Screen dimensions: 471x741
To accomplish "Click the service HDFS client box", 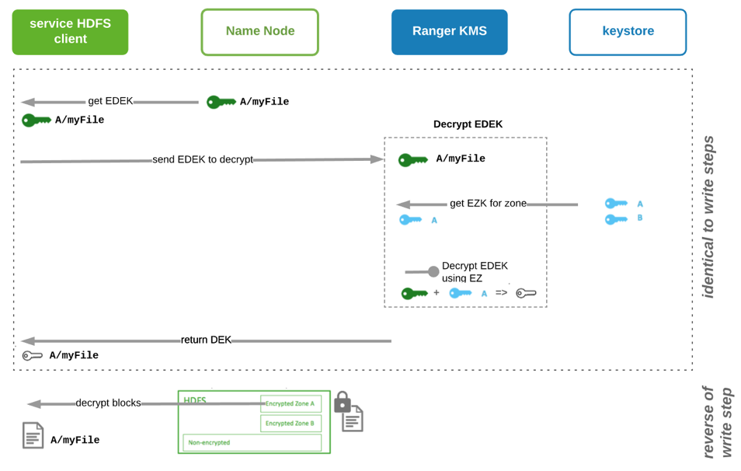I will point(70,32).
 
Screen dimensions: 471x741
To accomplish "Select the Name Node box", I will point(259,32).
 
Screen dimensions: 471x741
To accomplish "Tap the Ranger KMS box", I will point(449,32).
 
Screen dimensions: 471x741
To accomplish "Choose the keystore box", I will point(628,32).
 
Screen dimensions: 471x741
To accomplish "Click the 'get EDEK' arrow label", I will point(110,101).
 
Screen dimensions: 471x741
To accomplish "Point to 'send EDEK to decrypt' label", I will point(203,159).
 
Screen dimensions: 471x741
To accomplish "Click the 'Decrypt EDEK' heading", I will point(468,124).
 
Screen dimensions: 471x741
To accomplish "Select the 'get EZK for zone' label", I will point(488,204).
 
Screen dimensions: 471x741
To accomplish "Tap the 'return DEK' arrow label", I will point(206,340).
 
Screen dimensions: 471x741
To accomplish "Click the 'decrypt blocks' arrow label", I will point(108,403).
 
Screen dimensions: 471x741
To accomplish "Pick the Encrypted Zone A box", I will point(290,403).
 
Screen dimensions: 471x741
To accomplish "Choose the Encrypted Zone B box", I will point(290,424).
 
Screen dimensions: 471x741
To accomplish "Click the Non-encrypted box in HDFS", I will point(252,443).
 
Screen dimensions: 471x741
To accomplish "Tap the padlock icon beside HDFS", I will point(342,403).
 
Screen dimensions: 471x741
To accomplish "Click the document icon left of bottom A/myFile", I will point(33,436).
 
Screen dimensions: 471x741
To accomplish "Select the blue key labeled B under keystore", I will point(616,219).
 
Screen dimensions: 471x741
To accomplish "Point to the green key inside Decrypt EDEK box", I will point(413,160).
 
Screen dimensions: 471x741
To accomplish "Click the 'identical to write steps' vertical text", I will point(708,217).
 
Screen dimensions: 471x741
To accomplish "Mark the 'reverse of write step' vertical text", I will point(716,422).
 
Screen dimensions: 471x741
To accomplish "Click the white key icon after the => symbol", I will point(526,293).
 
